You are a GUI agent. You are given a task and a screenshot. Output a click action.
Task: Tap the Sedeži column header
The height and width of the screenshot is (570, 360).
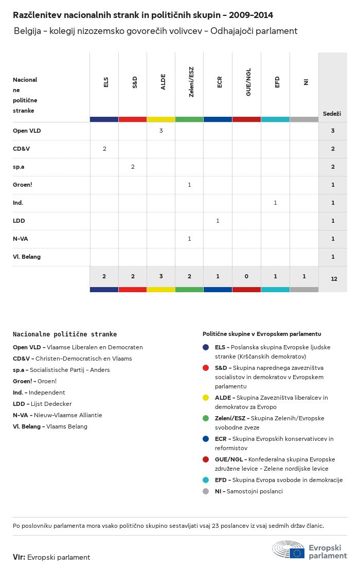[332, 113]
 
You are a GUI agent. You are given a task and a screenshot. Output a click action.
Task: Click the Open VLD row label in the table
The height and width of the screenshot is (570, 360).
[27, 131]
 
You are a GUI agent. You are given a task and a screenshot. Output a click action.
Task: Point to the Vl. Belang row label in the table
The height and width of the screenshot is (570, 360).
[27, 257]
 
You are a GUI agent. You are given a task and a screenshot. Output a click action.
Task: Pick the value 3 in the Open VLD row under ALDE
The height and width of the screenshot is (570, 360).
[161, 131]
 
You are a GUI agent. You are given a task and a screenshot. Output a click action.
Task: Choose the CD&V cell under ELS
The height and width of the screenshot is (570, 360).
[104, 149]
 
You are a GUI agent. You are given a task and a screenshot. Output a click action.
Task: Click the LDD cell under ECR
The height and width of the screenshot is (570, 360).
[218, 221]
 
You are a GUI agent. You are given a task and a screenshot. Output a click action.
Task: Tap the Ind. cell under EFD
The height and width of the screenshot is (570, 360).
[275, 203]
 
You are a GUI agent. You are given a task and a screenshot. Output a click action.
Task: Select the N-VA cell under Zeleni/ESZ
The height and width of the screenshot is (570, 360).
[189, 239]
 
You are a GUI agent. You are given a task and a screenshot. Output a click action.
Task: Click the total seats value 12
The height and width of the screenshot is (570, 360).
[334, 279]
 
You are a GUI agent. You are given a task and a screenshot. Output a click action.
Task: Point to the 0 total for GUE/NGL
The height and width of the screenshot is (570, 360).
[246, 276]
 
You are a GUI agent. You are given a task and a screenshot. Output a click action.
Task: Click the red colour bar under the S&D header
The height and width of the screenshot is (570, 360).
[133, 119]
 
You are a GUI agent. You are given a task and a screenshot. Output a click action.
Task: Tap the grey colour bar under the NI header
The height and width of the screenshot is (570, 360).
[304, 119]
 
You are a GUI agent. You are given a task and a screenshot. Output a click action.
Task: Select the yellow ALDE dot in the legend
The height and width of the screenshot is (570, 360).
[206, 398]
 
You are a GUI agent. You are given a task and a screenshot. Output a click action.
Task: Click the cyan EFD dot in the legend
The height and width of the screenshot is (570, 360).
[206, 480]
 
